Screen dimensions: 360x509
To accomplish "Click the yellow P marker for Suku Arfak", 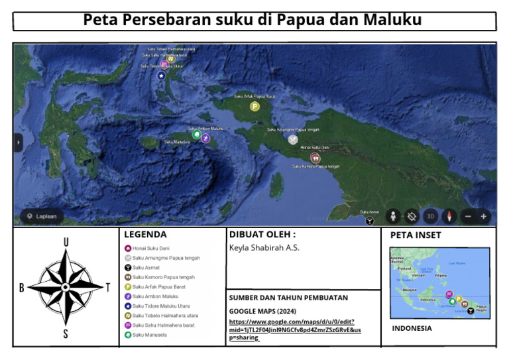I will point(254,106).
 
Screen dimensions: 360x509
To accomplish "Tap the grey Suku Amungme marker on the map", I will point(293,139).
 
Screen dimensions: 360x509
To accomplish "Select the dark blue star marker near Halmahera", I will point(160,76).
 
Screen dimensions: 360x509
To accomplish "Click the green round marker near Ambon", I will point(196,135).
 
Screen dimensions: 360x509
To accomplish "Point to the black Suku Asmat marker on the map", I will point(370,220).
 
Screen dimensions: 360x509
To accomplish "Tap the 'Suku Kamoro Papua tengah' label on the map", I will point(316,166).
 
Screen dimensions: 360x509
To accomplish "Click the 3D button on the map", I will point(430,216).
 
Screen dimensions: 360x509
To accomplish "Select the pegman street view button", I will point(393,216).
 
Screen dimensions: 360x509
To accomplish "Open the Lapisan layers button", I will point(42,216).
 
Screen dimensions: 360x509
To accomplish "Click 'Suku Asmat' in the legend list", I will point(146,267).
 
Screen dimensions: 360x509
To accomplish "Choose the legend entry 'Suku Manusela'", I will point(149,335).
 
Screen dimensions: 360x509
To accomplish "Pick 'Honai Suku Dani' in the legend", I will point(152,248).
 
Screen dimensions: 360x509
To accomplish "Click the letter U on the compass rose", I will point(66,243).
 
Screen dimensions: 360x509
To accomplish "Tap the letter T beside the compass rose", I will point(108,287).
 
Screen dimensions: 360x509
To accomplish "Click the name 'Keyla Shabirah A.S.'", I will point(264,248).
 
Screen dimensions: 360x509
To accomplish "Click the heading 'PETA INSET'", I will point(416,235).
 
